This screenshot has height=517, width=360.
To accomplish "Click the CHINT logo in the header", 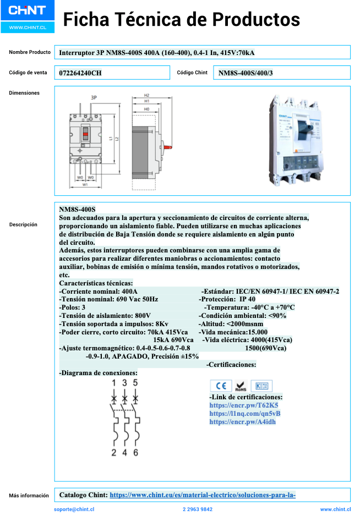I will point(26,11).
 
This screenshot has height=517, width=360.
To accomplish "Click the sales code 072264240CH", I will point(80,73).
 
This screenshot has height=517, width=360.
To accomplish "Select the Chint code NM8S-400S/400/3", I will point(246,73).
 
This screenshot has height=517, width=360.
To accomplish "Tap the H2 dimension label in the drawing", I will point(147,95).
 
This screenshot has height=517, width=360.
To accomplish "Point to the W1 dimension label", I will point(85,185).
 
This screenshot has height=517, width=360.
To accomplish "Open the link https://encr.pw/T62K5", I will point(236,405).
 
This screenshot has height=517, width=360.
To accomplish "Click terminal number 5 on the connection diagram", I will point(135,382).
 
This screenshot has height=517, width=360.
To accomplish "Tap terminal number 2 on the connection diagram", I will point(114,453).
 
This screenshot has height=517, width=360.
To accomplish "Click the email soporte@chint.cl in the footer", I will point(74,509).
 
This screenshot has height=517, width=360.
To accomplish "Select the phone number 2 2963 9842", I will point(197,509).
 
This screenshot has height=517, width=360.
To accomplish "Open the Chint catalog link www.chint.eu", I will point(203,495).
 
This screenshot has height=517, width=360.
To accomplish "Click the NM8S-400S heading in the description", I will point(77,210).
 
